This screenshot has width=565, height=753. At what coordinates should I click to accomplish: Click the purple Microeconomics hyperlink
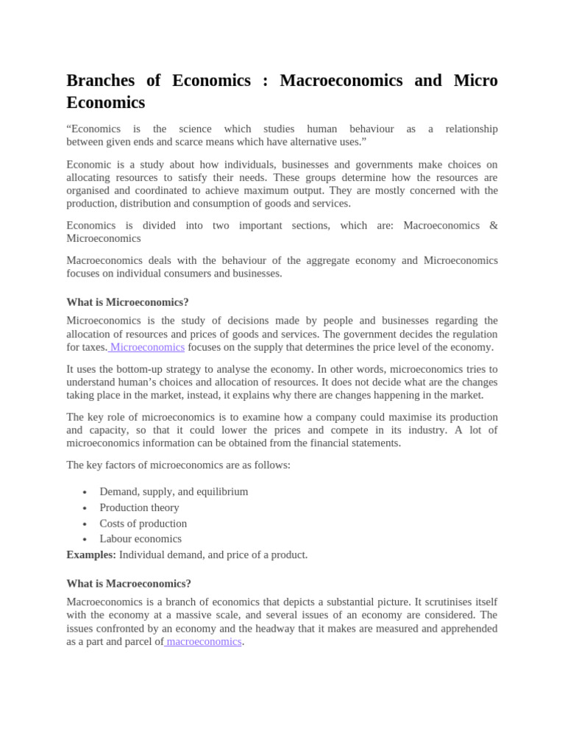(147, 347)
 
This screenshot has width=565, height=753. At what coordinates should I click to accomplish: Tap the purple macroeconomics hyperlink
(204, 641)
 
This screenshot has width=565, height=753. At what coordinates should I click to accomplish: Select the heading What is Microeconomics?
(127, 302)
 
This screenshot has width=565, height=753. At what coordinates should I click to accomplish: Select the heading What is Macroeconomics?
(129, 583)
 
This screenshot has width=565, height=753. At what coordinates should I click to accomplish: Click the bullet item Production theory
(139, 507)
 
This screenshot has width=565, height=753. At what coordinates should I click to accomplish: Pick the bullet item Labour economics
(141, 538)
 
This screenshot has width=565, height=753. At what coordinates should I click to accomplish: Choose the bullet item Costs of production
(143, 523)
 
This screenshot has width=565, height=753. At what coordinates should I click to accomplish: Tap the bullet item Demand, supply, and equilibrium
(174, 491)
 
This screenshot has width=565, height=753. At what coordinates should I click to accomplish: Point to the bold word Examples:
(91, 554)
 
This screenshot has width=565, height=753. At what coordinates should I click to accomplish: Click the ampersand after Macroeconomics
(493, 225)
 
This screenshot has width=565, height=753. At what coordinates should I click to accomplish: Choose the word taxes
(93, 347)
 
